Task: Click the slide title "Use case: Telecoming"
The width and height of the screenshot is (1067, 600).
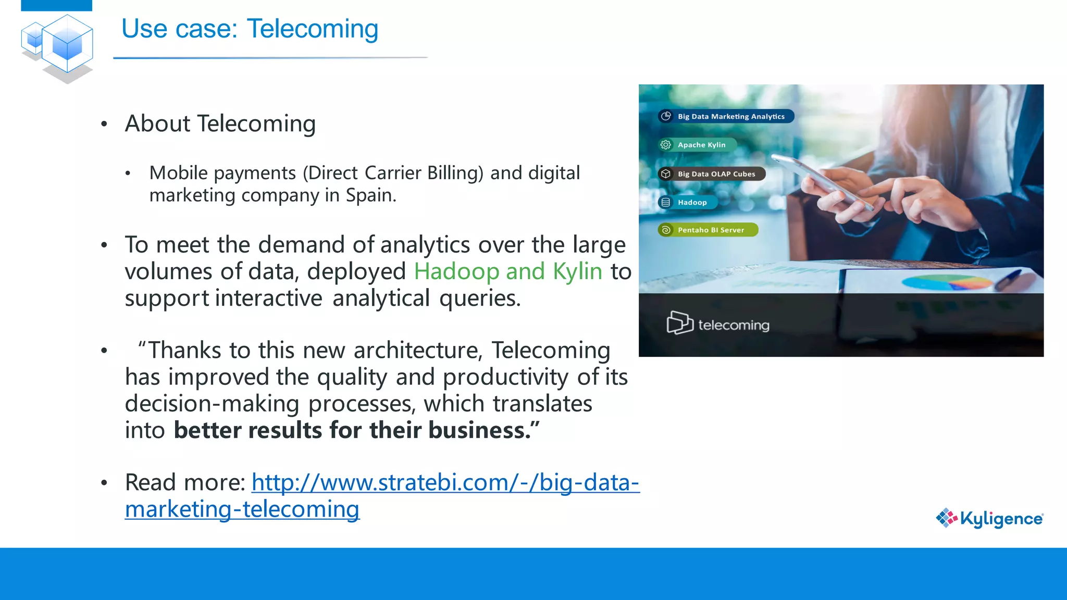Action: click(250, 29)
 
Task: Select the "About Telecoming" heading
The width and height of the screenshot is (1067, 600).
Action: click(220, 124)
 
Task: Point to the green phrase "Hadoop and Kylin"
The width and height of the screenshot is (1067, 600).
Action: click(508, 271)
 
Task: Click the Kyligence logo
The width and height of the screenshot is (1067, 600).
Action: click(989, 518)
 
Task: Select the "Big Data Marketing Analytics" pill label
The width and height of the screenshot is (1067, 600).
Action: click(726, 116)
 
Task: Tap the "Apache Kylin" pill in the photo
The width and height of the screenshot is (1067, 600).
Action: click(698, 145)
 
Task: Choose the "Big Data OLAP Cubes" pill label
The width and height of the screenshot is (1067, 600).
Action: click(712, 174)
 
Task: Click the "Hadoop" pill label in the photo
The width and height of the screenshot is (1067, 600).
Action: click(688, 202)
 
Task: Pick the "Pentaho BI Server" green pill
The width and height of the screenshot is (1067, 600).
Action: click(708, 230)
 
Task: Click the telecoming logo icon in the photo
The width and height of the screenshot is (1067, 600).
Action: click(679, 323)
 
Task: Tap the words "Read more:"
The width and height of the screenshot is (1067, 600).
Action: click(185, 483)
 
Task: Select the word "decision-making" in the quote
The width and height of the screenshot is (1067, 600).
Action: click(212, 404)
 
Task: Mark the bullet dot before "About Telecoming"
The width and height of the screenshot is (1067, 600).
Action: click(104, 124)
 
